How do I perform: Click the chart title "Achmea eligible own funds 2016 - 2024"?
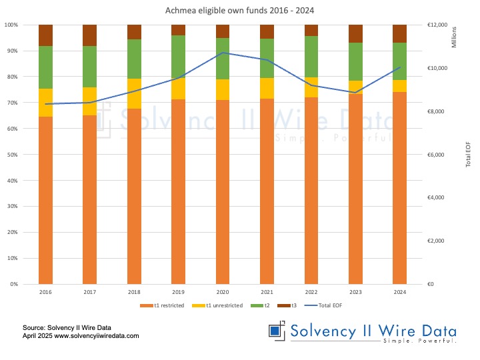240,11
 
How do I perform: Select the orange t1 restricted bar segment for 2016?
45,200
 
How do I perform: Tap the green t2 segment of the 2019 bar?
178,57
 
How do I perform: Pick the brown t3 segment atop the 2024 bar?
399,33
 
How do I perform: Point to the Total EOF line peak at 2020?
222,53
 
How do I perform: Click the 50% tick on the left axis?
12,155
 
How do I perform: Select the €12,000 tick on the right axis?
437,25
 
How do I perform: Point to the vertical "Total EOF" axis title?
468,155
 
